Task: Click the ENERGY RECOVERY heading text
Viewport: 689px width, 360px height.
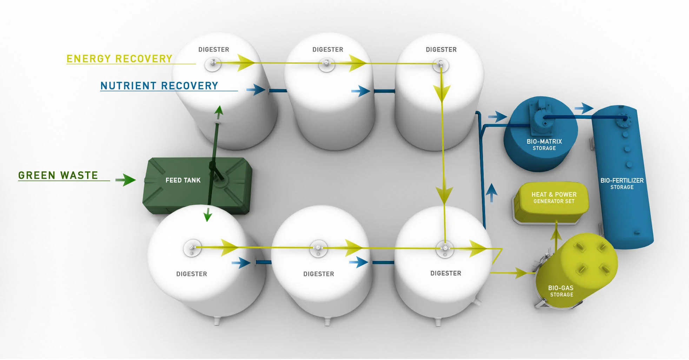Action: pyautogui.click(x=119, y=59)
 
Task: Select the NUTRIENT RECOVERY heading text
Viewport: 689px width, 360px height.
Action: pyautogui.click(x=159, y=86)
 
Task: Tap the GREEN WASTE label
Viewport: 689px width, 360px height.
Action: pyautogui.click(x=58, y=175)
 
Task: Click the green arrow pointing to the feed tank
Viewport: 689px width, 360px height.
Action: pyautogui.click(x=126, y=180)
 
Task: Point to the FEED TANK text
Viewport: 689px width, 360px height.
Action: pyautogui.click(x=183, y=180)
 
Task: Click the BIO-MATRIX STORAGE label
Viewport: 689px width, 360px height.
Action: pyautogui.click(x=544, y=144)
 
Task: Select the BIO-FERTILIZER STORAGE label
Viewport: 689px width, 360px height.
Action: pyautogui.click(x=622, y=183)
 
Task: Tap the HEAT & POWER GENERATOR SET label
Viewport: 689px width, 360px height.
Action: pyautogui.click(x=554, y=197)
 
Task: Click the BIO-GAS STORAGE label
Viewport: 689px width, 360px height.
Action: pyautogui.click(x=561, y=291)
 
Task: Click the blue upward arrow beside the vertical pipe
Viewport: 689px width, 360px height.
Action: pyautogui.click(x=491, y=192)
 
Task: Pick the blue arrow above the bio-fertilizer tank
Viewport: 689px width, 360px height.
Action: pyautogui.click(x=584, y=108)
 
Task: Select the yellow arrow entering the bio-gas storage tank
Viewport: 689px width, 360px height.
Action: pyautogui.click(x=519, y=273)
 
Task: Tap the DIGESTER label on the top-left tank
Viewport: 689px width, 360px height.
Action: pyautogui.click(x=213, y=50)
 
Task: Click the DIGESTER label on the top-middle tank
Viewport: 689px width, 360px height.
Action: pyautogui.click(x=327, y=50)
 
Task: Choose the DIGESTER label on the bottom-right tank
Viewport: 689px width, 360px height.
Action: pyautogui.click(x=445, y=273)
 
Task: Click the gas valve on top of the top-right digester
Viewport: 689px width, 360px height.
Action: pyautogui.click(x=440, y=65)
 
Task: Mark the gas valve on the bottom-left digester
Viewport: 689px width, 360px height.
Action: pyautogui.click(x=192, y=248)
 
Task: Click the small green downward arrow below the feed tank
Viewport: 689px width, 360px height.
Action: pyautogui.click(x=208, y=214)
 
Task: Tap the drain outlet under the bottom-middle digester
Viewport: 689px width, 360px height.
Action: pyautogui.click(x=327, y=321)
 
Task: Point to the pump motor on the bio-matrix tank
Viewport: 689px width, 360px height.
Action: pyautogui.click(x=541, y=119)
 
